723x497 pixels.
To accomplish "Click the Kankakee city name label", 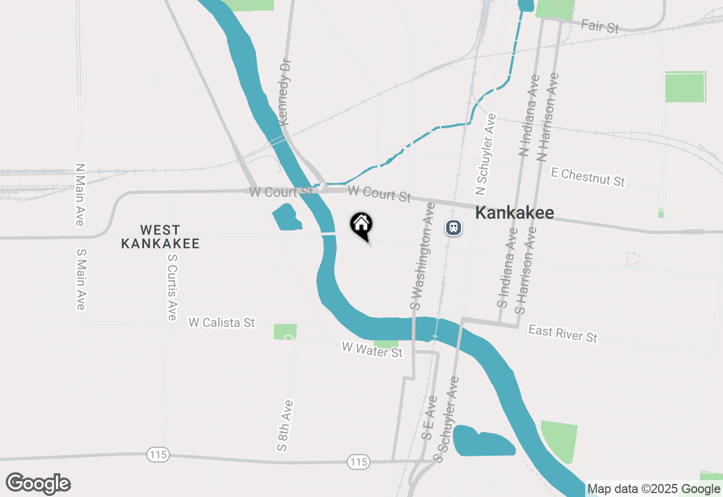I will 514,213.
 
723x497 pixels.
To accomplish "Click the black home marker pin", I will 361,225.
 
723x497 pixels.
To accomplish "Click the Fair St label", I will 600,25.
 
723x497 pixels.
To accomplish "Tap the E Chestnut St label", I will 588,177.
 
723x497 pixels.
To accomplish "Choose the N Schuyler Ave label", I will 486,154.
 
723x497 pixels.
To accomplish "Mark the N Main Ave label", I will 80,195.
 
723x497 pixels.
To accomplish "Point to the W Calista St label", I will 222,322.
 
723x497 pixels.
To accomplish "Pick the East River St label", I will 563,333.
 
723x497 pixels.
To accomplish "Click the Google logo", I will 38,484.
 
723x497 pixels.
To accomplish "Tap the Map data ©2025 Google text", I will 654,489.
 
